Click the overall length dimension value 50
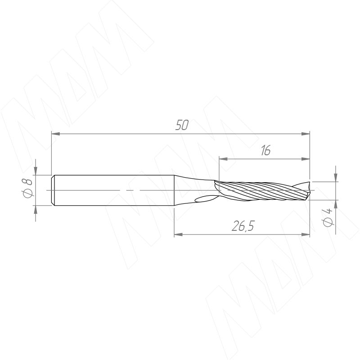coord(182,125)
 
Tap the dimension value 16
coord(266,150)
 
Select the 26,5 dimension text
coord(243,226)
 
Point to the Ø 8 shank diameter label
coord(28,188)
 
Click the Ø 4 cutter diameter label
coord(328,217)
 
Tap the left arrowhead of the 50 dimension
coord(55,134)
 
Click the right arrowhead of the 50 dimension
coord(306,134)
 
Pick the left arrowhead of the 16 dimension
coord(223,159)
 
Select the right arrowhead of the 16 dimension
coord(306,159)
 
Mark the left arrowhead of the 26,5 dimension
coord(178,234)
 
